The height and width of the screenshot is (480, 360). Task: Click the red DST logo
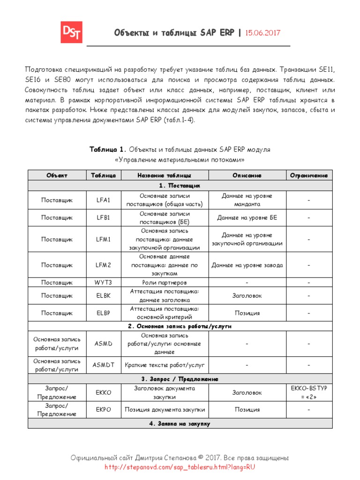point(71,32)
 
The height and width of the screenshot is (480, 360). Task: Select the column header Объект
point(57,175)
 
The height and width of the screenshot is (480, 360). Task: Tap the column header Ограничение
point(309,175)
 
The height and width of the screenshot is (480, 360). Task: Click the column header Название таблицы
point(164,175)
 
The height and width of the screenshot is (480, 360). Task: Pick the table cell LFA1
point(103,200)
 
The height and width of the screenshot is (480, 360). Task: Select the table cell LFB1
point(103,217)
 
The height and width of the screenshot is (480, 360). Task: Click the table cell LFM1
point(103,239)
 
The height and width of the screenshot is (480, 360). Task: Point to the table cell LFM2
point(103,265)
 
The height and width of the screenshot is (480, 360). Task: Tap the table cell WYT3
point(103,283)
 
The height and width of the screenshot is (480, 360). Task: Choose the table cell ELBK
point(103,296)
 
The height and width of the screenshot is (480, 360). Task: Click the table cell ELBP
point(103,313)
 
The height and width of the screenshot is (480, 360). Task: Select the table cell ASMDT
point(103,365)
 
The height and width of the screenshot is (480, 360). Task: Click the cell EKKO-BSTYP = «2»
point(309,392)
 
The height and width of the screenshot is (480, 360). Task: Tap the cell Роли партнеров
point(164,283)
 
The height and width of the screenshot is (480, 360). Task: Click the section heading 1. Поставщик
point(180,186)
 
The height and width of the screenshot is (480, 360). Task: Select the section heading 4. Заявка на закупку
point(180,423)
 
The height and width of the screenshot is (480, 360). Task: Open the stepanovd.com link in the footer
point(180,467)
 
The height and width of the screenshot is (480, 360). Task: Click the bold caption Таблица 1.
point(108,149)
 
